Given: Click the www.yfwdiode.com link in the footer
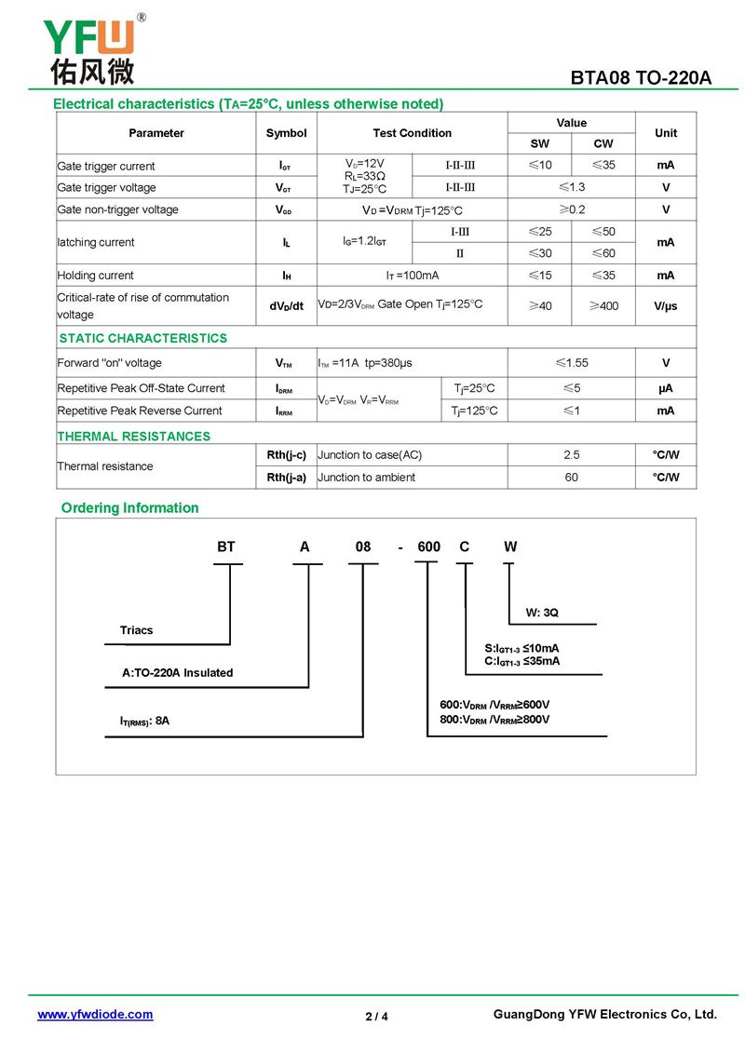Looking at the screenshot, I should coord(95,1015).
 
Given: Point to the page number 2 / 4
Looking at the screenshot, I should coord(376,1016).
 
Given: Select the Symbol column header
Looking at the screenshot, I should coord(286,133).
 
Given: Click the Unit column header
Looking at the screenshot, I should coord(665,133).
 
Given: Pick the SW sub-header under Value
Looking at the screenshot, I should coord(539,143).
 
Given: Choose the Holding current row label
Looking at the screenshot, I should coord(95,276).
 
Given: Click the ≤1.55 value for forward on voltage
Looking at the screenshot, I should coord(571,363).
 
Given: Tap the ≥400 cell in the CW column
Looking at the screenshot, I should coord(603,305).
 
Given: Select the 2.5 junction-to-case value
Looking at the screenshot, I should coord(571,455).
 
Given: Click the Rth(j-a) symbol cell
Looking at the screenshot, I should coord(286,478).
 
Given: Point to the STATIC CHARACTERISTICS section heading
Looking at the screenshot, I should coord(142,338).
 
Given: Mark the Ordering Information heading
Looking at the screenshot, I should coord(129,507).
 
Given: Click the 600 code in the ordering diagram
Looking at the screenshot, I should coord(428,547).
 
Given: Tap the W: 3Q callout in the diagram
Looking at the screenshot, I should coord(542,613).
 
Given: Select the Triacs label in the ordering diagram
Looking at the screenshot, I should coord(136,630).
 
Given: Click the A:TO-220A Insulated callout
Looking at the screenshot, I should coord(177,673).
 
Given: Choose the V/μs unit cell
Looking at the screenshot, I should coord(665,305).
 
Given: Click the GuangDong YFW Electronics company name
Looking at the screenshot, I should coord(604,1015).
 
